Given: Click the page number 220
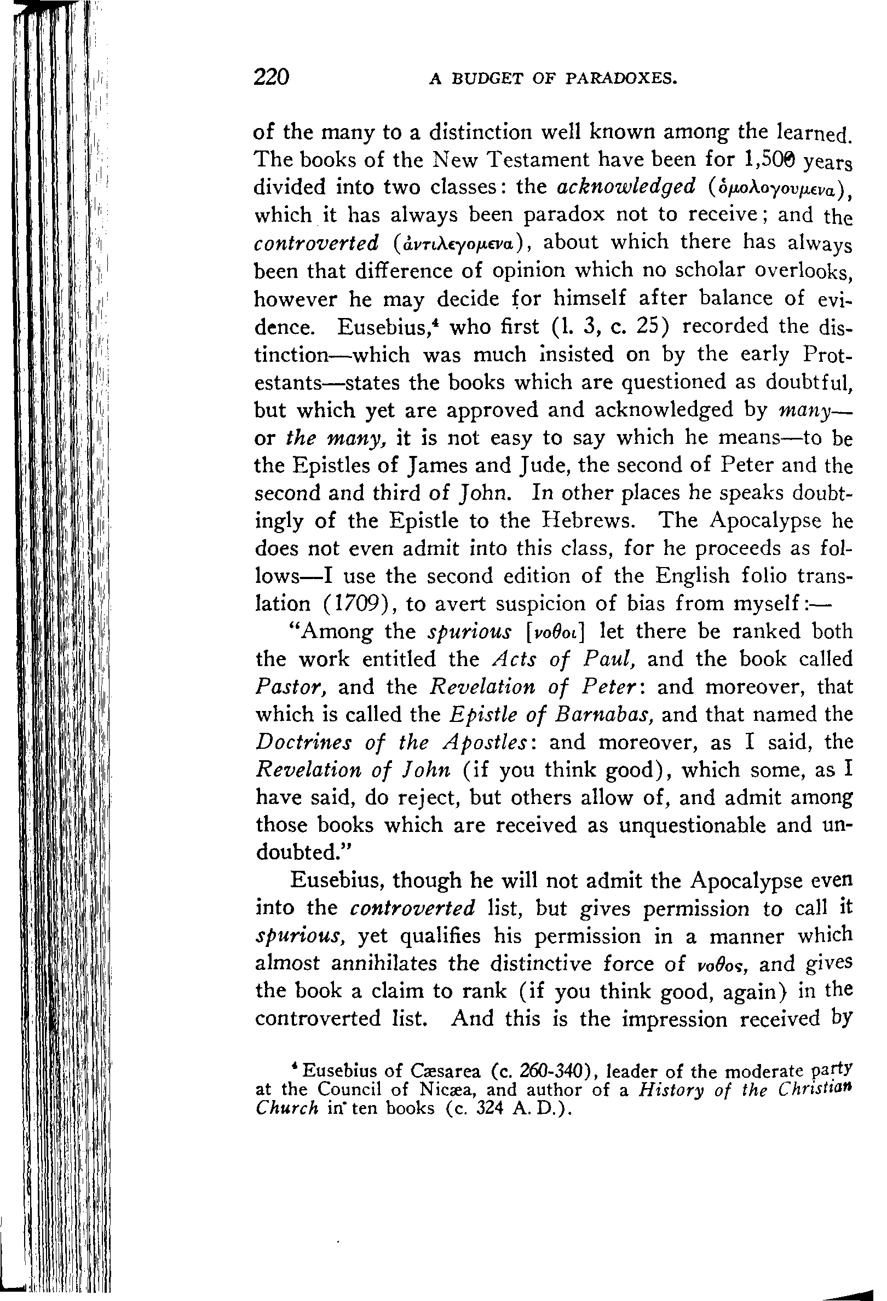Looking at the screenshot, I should (271, 76).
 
